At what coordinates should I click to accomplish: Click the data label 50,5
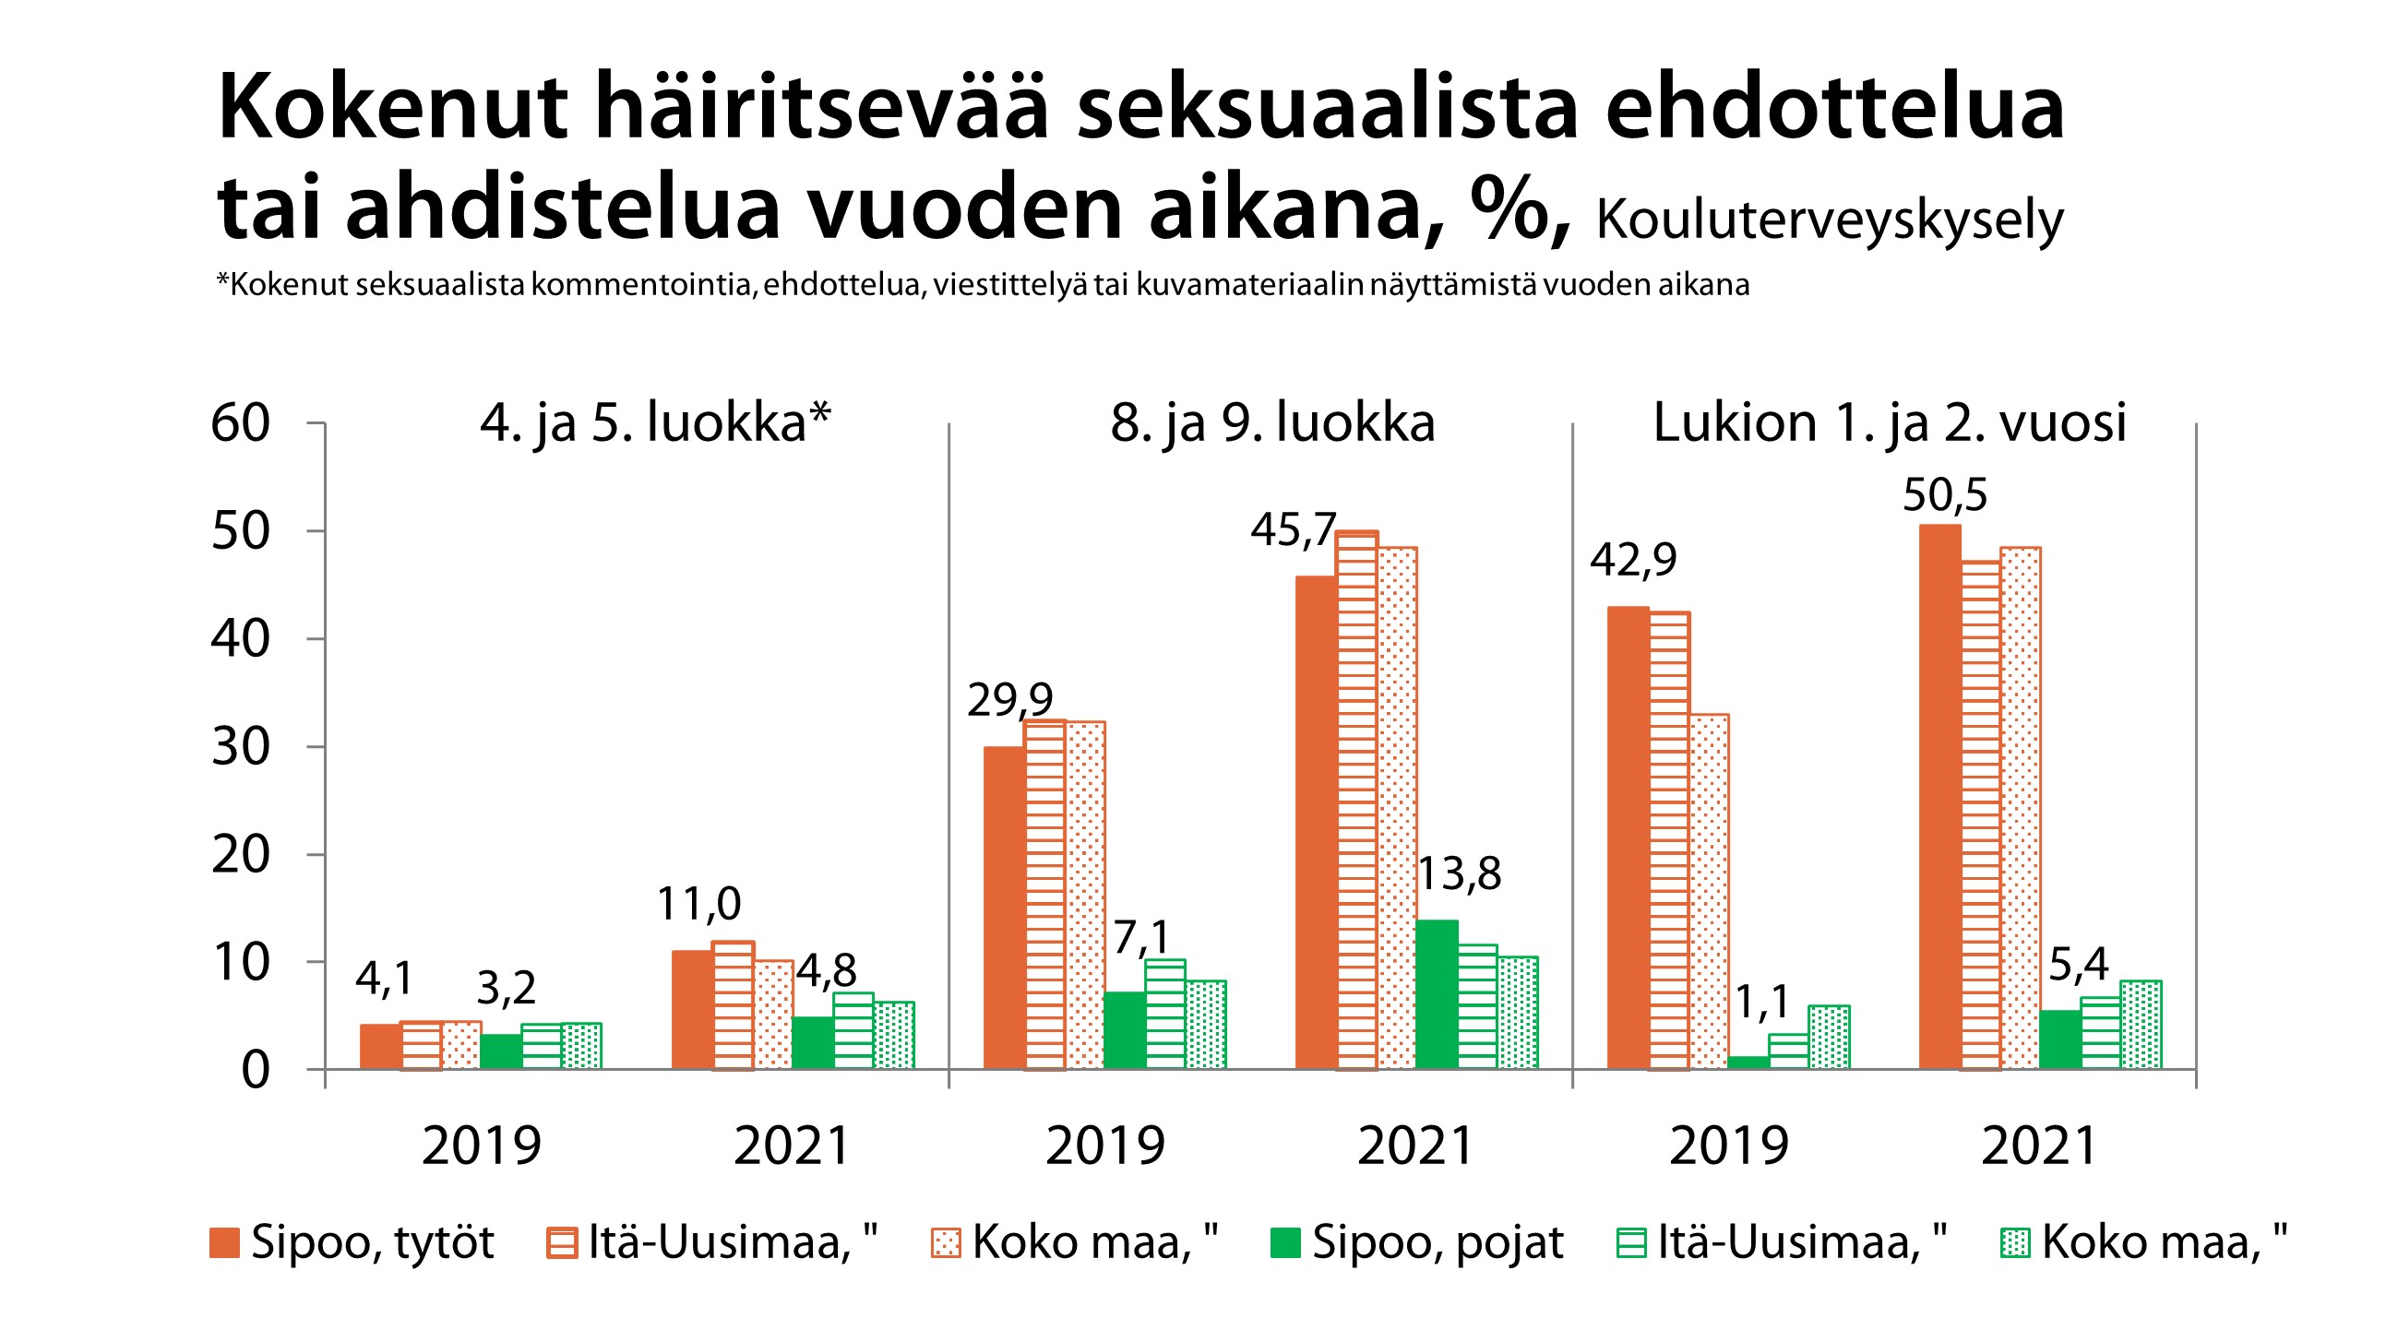pyautogui.click(x=1944, y=495)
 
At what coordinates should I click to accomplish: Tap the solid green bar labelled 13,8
pyautogui.click(x=1436, y=994)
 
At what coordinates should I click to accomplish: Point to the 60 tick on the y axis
pyautogui.click(x=240, y=423)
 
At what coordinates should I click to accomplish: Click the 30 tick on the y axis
pyautogui.click(x=240, y=746)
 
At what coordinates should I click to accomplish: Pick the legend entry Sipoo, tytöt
pyautogui.click(x=352, y=1242)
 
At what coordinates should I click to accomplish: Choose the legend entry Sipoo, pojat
pyautogui.click(x=1417, y=1242)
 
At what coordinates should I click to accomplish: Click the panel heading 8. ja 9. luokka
pyautogui.click(x=1271, y=423)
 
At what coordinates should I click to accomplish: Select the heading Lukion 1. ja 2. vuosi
pyautogui.click(x=1889, y=423)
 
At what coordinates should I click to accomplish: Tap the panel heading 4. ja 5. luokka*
pyautogui.click(x=654, y=423)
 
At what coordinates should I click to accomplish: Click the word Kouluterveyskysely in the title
pyautogui.click(x=1830, y=220)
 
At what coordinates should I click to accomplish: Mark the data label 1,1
pyautogui.click(x=1761, y=1003)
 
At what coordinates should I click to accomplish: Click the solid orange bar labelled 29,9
pyautogui.click(x=1004, y=908)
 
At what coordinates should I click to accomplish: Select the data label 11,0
pyautogui.click(x=698, y=904)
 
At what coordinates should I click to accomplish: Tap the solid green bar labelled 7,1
pyautogui.click(x=1124, y=1030)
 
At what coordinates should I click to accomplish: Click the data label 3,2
pyautogui.click(x=506, y=988)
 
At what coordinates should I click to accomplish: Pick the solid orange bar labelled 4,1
pyautogui.click(x=380, y=1046)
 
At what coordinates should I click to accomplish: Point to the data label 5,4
pyautogui.click(x=2078, y=966)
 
